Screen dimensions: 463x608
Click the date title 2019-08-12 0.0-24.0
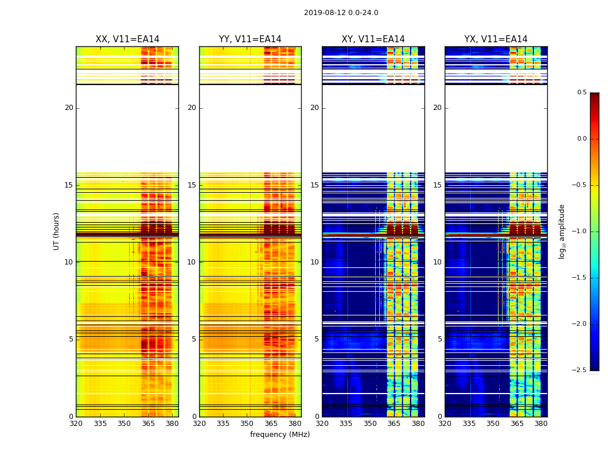pyautogui.click(x=341, y=13)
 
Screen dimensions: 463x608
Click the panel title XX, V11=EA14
pyautogui.click(x=127, y=39)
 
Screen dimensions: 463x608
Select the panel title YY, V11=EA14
pyautogui.click(x=250, y=39)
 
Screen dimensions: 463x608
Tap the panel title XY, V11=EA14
pyautogui.click(x=373, y=39)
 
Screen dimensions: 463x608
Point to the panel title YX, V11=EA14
pyautogui.click(x=496, y=39)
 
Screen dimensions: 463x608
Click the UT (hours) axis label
pyautogui.click(x=57, y=231)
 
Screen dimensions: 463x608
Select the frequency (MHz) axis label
pyautogui.click(x=280, y=435)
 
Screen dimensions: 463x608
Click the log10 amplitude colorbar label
pyautogui.click(x=562, y=231)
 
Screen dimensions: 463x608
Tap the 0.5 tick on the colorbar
pyautogui.click(x=581, y=93)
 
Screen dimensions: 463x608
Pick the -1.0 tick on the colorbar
pyautogui.click(x=579, y=231)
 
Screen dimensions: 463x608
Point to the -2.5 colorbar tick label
pyautogui.click(x=579, y=370)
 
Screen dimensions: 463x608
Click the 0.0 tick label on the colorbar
pyautogui.click(x=581, y=139)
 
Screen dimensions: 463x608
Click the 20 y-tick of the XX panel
pyautogui.click(x=69, y=108)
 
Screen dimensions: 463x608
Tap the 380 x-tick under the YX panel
pyautogui.click(x=541, y=424)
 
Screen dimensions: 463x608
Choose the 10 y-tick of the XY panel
pyautogui.click(x=314, y=262)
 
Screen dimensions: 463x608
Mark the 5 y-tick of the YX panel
pyautogui.click(x=439, y=339)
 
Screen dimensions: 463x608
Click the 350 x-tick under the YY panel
pyautogui.click(x=247, y=424)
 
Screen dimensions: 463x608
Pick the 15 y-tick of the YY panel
pyautogui.click(x=192, y=185)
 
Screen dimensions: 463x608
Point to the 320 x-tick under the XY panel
pyautogui.click(x=322, y=424)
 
